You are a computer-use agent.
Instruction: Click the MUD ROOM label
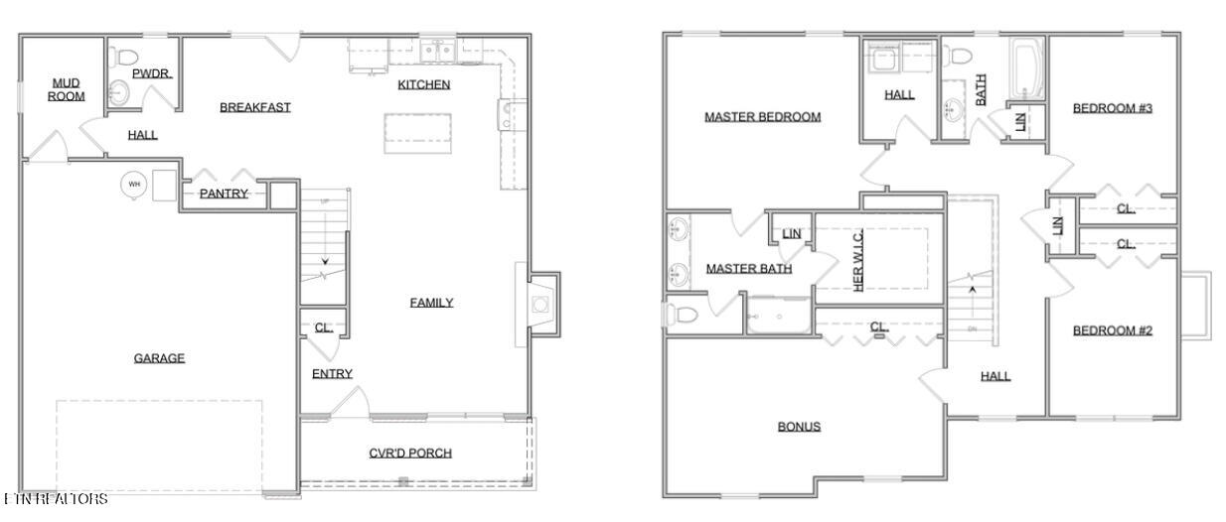(x=66, y=89)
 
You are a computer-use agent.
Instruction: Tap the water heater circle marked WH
(x=133, y=185)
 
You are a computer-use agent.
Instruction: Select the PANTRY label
(x=224, y=194)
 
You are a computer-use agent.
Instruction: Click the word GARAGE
(x=159, y=358)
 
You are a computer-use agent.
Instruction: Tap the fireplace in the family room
(x=538, y=305)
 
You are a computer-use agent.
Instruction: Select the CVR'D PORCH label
(x=410, y=454)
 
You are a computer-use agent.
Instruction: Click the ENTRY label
(x=332, y=374)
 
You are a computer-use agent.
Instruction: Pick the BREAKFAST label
(x=255, y=107)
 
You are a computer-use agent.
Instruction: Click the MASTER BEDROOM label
(x=762, y=117)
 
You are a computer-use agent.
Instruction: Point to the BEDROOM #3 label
(x=1112, y=108)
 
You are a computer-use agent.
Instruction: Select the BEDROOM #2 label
(x=1112, y=330)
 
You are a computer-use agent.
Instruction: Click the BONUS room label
(x=799, y=427)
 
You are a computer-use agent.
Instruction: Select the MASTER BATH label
(x=748, y=269)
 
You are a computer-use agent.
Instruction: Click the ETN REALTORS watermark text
(x=55, y=499)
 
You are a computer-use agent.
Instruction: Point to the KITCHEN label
(x=424, y=84)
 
